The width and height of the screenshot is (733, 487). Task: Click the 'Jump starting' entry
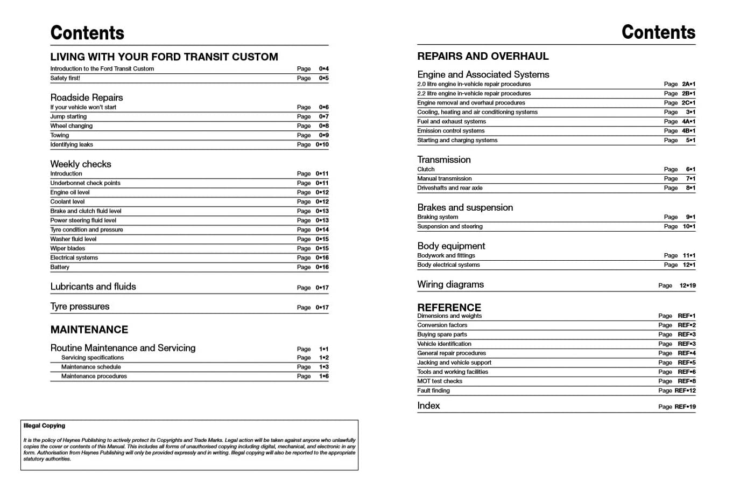coord(68,116)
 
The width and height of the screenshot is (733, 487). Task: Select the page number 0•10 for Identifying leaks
coord(322,144)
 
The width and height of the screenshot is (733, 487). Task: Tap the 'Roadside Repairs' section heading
coord(87,98)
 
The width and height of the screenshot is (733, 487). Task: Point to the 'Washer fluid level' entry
coord(73,239)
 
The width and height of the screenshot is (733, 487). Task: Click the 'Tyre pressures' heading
coord(80,307)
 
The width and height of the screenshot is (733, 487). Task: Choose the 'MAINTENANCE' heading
coord(89,330)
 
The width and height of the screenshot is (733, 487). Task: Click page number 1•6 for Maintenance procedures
coord(323,376)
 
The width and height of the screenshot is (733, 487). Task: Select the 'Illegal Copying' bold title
coord(44,426)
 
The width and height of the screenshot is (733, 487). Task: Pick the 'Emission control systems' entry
coord(450,131)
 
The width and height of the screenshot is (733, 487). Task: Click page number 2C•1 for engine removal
coord(688,103)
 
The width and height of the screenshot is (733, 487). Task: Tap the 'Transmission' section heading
coord(444,159)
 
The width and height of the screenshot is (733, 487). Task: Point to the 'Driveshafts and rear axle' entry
coord(450,188)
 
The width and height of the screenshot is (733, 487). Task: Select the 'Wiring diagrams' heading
coord(450,284)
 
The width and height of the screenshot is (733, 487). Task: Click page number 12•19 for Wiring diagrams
coord(687,286)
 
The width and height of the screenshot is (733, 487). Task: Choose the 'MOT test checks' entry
coord(440,381)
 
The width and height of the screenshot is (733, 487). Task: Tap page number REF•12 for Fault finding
coord(685,391)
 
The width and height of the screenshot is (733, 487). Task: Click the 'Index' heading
coord(428,406)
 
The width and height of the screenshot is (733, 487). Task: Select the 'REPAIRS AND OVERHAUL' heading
coord(483,56)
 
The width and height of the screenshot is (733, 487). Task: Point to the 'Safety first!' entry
coord(65,78)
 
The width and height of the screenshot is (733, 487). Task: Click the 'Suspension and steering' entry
coord(450,226)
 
